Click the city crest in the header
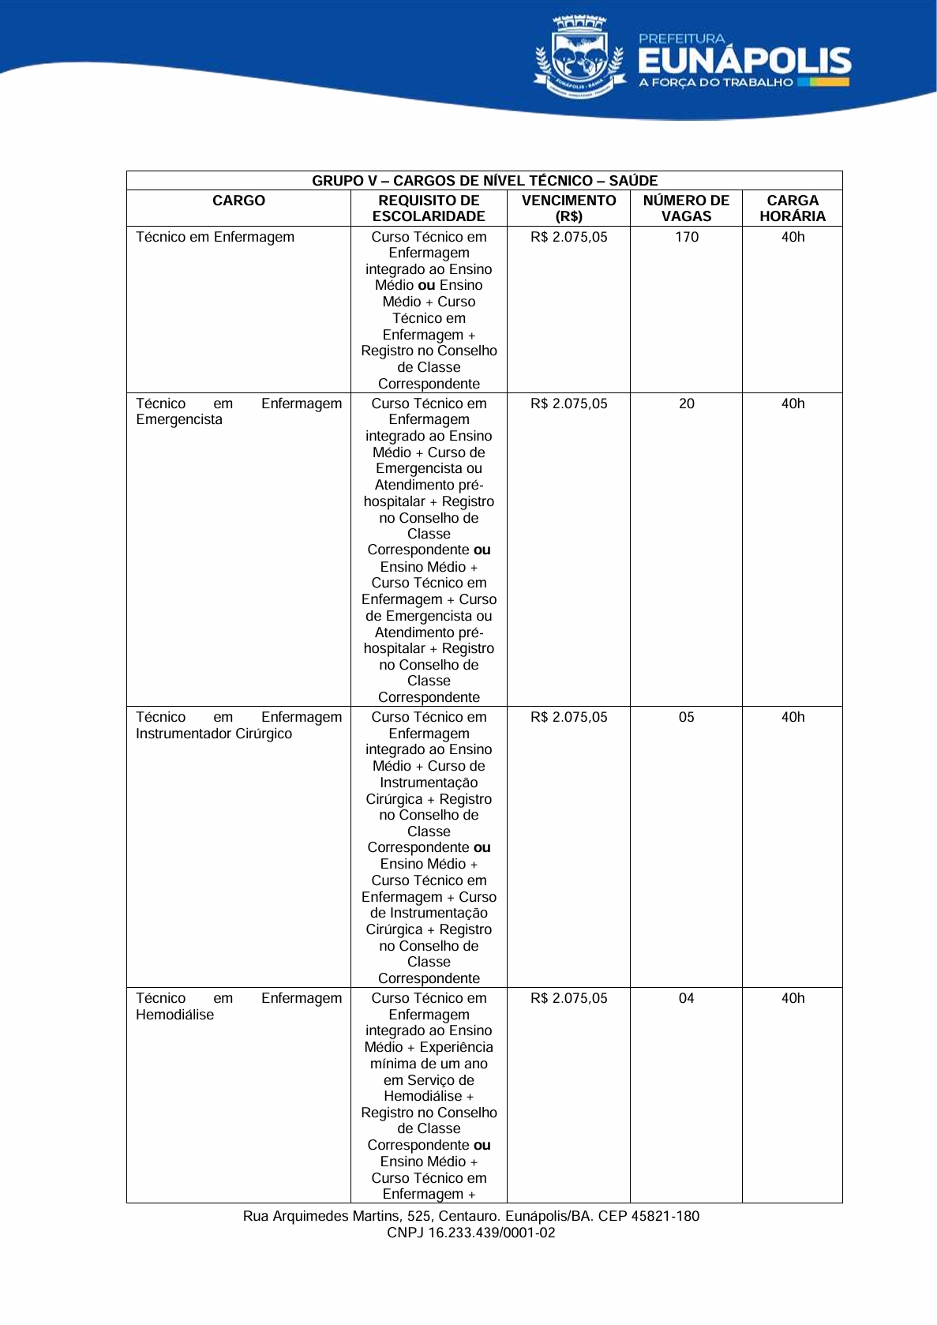[579, 57]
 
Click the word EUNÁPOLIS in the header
[744, 61]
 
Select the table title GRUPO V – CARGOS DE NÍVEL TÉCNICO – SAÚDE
[485, 181]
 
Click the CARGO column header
[238, 201]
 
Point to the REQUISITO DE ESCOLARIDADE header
[429, 208]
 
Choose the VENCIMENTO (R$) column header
[568, 208]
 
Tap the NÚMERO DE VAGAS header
[686, 208]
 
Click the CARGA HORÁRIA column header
[793, 208]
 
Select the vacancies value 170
[687, 237]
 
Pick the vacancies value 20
[687, 404]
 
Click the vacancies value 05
[687, 717]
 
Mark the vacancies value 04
[687, 998]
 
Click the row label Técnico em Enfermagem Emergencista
[238, 411]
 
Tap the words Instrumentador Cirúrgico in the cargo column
[214, 734]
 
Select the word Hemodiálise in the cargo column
[174, 1015]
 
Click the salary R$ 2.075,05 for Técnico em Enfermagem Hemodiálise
[568, 998]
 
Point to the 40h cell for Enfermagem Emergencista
[793, 404]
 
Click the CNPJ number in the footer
[492, 1233]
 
